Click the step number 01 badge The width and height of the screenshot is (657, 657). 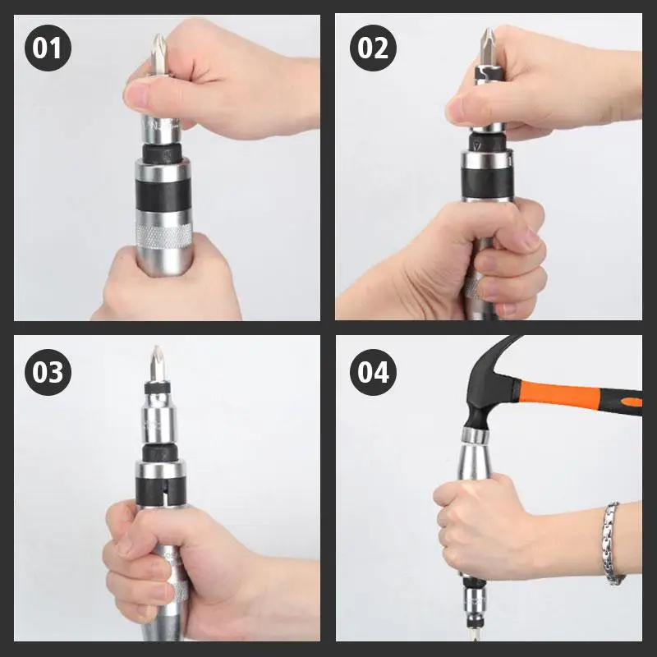[x=48, y=48]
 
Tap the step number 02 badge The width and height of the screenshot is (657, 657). [x=373, y=48]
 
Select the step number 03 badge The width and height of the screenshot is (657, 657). [x=48, y=373]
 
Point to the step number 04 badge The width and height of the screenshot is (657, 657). [x=373, y=373]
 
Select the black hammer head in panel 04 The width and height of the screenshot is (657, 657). [x=489, y=389]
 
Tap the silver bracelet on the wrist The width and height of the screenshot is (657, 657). [x=612, y=543]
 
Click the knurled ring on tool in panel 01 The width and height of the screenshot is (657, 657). [x=163, y=237]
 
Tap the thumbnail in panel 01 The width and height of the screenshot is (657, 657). [x=137, y=95]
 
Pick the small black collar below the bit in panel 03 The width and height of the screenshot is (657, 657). [x=157, y=388]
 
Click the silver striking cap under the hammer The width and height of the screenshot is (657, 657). [x=476, y=436]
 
